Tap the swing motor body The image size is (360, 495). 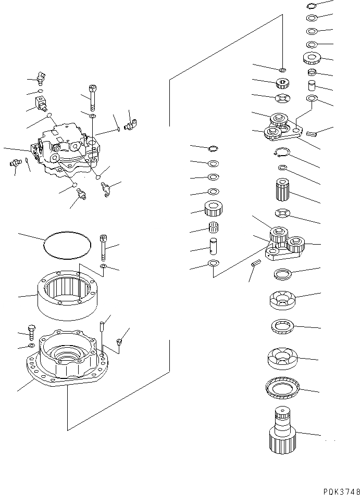68,148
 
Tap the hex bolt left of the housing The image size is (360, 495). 31,331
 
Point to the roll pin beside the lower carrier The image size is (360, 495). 255,263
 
